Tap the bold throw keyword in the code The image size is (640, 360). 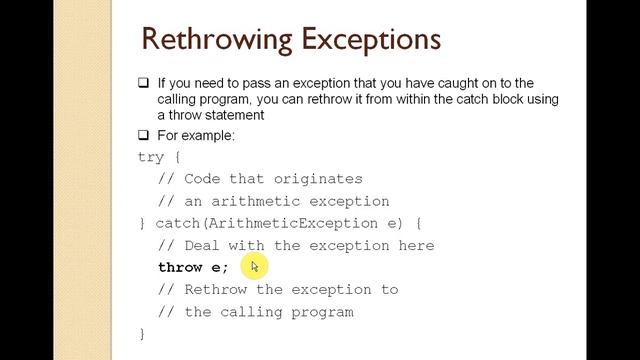(x=180, y=267)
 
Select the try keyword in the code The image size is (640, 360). (x=151, y=157)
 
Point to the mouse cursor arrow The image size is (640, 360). (x=255, y=266)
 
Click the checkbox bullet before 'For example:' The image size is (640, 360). (x=144, y=135)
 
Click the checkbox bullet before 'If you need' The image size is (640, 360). (x=144, y=83)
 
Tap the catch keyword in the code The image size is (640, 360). (x=177, y=223)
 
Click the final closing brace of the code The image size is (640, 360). (x=142, y=333)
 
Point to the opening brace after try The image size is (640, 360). (x=177, y=157)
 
